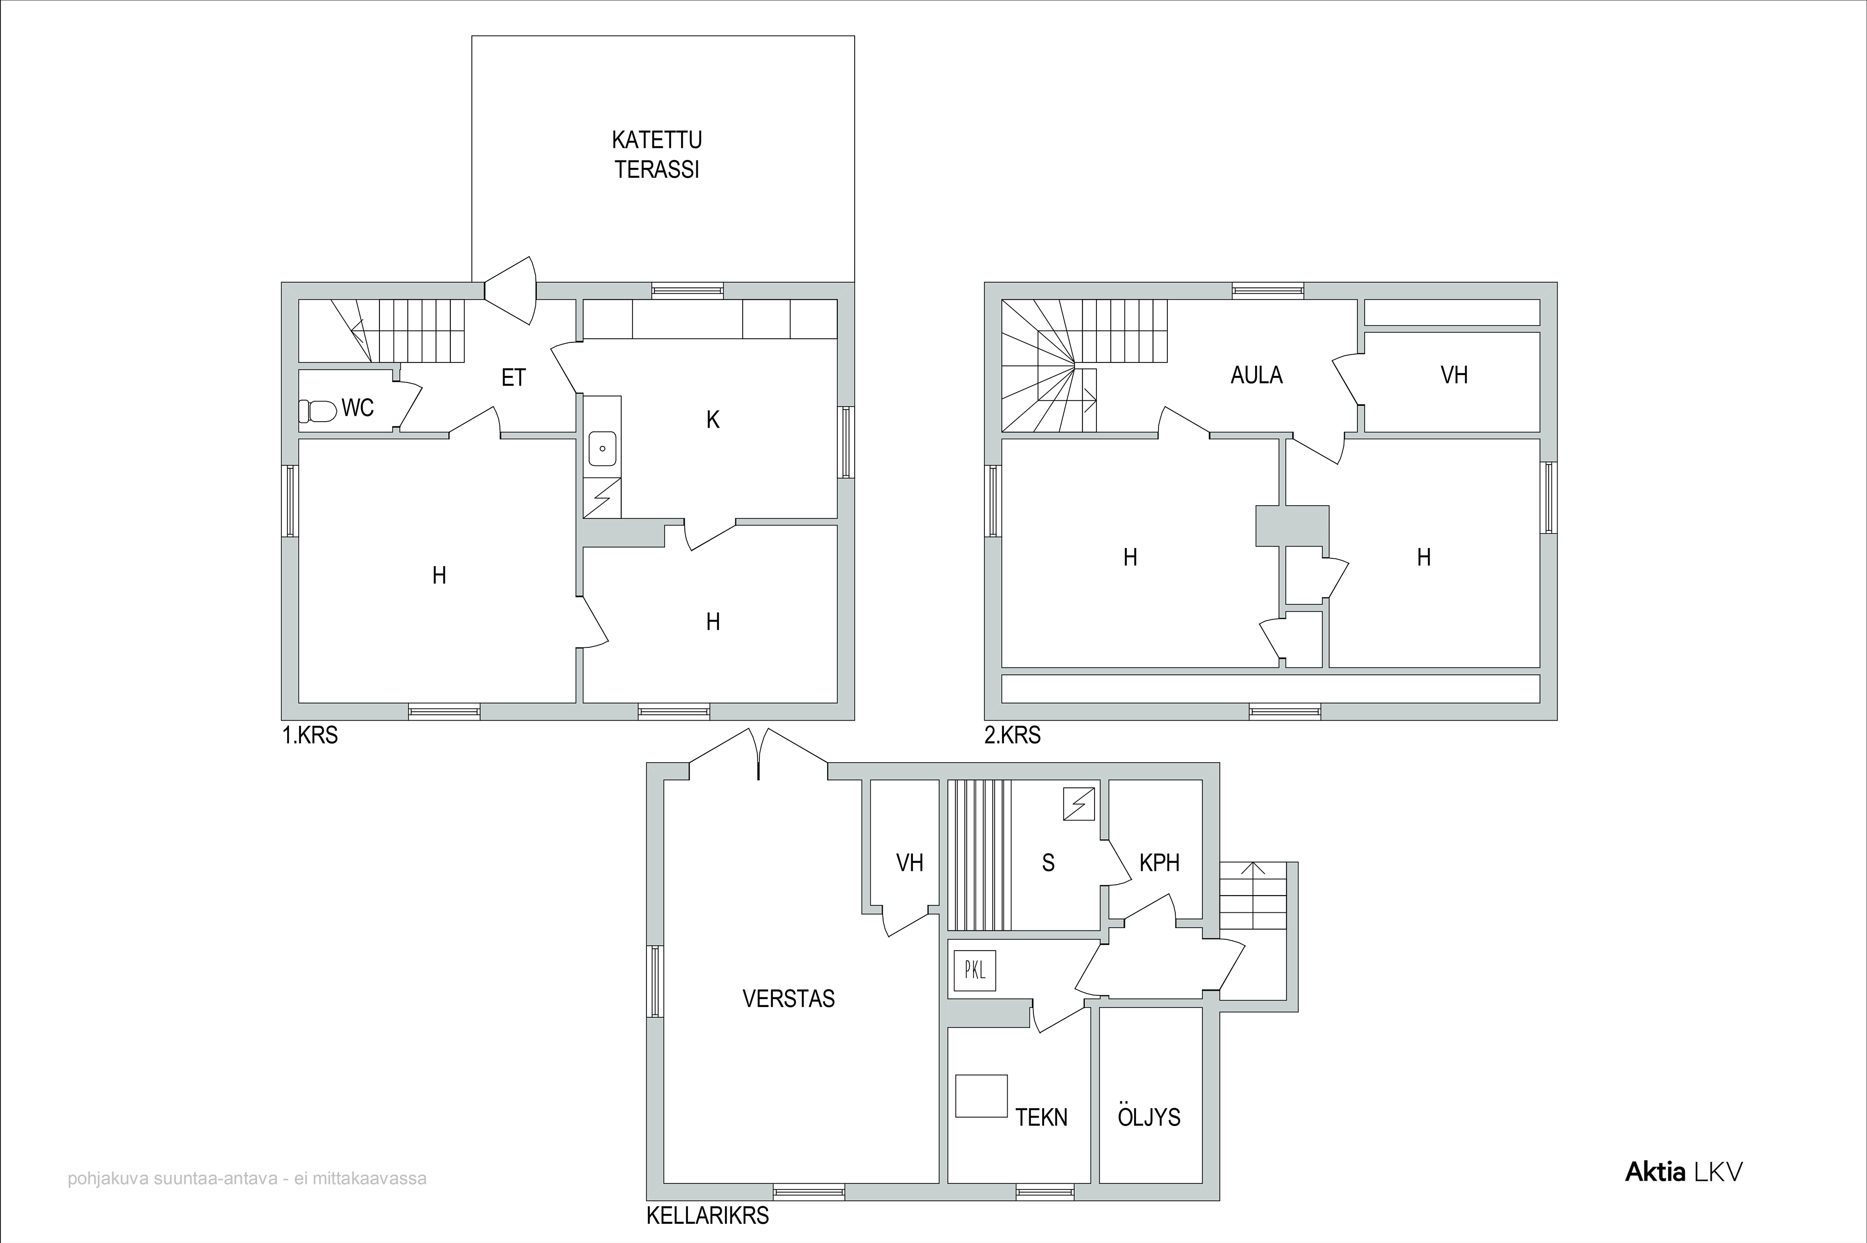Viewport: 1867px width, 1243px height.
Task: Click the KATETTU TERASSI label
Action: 657,154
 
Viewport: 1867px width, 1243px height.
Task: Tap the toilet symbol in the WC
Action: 317,410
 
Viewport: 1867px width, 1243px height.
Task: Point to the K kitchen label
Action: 713,420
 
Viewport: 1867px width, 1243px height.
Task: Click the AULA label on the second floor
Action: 1256,375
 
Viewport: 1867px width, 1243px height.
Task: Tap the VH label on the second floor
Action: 1454,375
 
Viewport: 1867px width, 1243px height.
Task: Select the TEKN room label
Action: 1041,1117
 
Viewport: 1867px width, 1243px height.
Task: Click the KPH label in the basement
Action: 1159,862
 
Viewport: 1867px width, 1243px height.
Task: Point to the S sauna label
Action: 1048,862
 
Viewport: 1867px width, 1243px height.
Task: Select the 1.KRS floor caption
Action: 310,735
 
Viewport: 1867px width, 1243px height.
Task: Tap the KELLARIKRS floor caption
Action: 708,1216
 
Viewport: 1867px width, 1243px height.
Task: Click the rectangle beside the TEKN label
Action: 981,1097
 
